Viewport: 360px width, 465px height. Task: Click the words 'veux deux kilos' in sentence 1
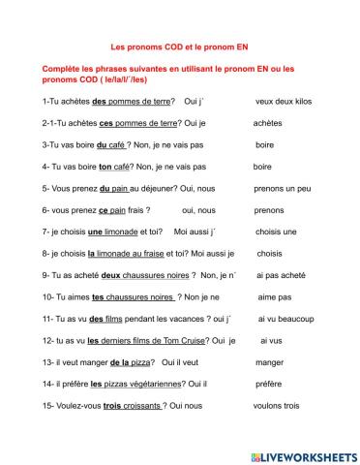pyautogui.click(x=283, y=101)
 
